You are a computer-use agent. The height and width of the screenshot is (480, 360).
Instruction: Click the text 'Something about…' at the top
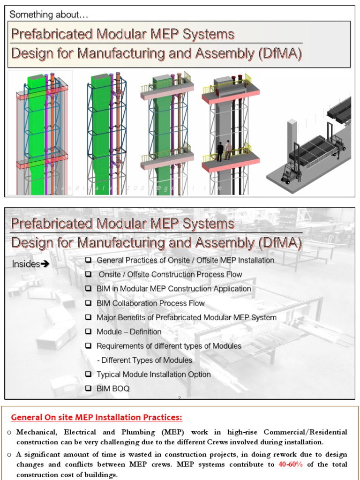(x=49, y=15)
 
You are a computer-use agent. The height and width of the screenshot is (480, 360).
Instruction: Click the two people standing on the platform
(x=224, y=150)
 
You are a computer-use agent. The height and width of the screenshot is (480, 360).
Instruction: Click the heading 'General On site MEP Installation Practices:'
(x=97, y=417)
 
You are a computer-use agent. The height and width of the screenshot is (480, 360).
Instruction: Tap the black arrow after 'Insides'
(x=45, y=264)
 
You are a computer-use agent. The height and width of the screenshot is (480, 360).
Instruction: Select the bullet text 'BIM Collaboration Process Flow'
(x=150, y=303)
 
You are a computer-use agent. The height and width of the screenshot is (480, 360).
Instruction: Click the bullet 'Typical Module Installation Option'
(x=153, y=375)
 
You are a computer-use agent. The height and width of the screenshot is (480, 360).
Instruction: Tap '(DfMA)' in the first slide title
(x=279, y=53)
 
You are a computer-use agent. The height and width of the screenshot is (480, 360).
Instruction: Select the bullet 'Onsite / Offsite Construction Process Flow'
(x=170, y=274)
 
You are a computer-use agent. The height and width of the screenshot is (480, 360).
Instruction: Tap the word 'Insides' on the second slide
(x=26, y=264)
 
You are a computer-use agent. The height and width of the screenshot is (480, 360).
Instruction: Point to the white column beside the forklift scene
(x=292, y=136)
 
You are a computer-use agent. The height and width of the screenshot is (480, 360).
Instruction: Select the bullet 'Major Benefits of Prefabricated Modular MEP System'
(x=186, y=317)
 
